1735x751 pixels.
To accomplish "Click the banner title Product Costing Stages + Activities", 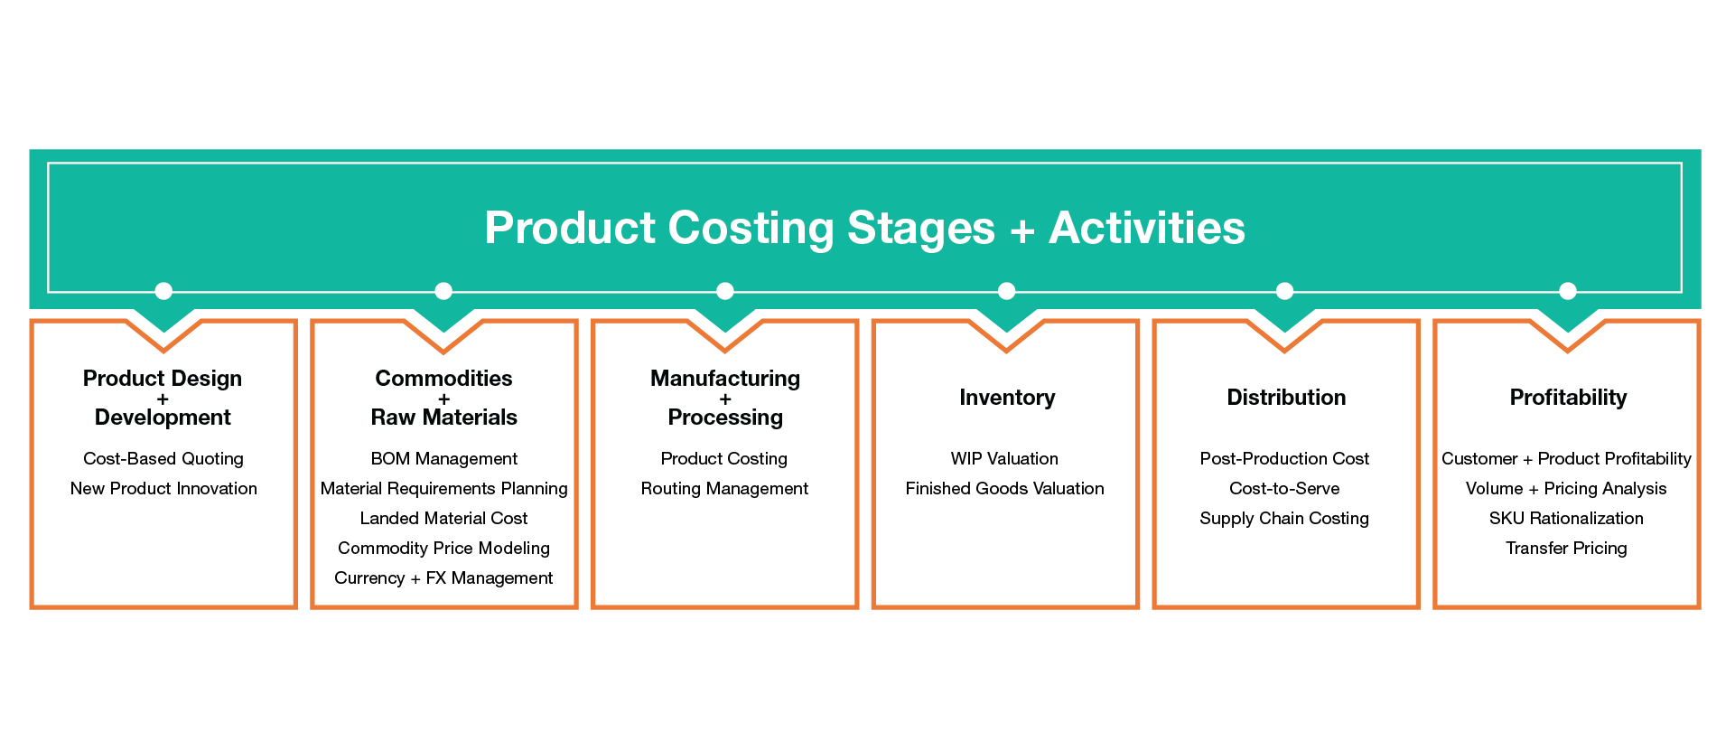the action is coord(864,228).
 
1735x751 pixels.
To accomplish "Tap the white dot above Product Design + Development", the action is coord(163,291).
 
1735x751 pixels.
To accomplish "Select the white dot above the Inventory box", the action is coord(1007,291).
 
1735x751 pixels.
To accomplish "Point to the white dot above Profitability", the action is coord(1568,291).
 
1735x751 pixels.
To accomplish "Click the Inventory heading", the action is coord(1007,398).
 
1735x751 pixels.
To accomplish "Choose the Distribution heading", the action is coord(1286,398).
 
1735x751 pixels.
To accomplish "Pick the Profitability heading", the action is coord(1568,398).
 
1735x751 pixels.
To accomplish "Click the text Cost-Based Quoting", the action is coord(163,459).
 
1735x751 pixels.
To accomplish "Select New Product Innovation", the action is coord(163,489).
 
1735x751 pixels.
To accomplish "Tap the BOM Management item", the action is coord(444,459).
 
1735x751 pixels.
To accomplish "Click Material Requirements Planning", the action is coord(444,489).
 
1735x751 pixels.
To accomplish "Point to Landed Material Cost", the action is coord(444,519).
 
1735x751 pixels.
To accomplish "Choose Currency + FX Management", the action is coord(443,578).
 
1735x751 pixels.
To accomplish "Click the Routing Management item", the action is coord(724,489).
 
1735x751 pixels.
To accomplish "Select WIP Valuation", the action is coord(1004,459).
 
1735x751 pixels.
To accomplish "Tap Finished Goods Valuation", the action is coord(1005,489).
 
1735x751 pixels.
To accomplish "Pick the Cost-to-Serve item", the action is coord(1284,489).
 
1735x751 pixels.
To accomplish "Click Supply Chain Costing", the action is coord(1284,519).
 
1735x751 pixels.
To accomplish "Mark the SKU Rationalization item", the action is coord(1566,519).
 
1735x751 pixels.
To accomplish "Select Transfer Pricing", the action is coord(1566,549).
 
